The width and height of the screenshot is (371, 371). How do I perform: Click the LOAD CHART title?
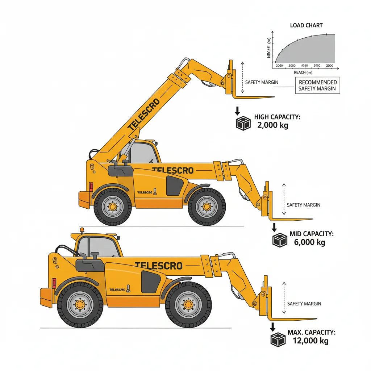tap(306, 25)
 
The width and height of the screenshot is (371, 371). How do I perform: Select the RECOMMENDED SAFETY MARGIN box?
tap(317, 86)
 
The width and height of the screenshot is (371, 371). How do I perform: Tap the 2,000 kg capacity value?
tap(273, 125)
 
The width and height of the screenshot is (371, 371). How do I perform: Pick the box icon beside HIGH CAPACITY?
tap(243, 123)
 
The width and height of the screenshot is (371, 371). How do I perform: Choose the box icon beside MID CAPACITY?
tap(280, 240)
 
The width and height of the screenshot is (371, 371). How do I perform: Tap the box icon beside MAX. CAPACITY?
tap(278, 339)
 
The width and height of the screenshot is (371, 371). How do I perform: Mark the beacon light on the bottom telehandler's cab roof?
tap(82, 230)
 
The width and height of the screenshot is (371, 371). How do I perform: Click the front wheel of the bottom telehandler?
tap(188, 305)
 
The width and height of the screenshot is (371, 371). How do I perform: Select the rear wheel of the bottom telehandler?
tap(80, 305)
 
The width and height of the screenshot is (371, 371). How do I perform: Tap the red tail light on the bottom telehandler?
tap(54, 283)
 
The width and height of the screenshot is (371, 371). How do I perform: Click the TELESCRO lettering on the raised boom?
tap(143, 114)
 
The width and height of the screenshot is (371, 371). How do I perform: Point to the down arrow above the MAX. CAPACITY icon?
tap(272, 327)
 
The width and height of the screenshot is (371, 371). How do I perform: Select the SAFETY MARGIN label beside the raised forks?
tap(262, 82)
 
